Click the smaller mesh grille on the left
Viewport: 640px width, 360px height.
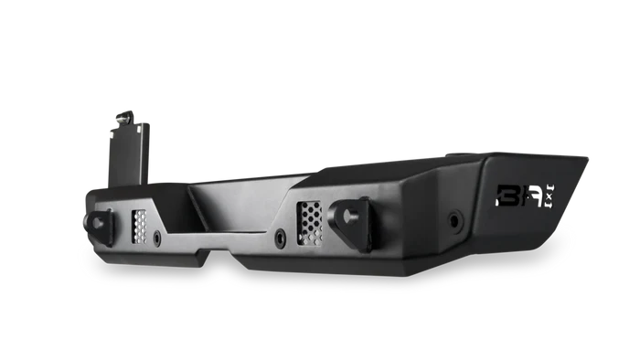tap(140, 225)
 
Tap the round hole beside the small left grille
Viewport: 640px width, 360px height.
tap(158, 237)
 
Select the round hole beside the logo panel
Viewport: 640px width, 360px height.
tap(454, 220)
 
